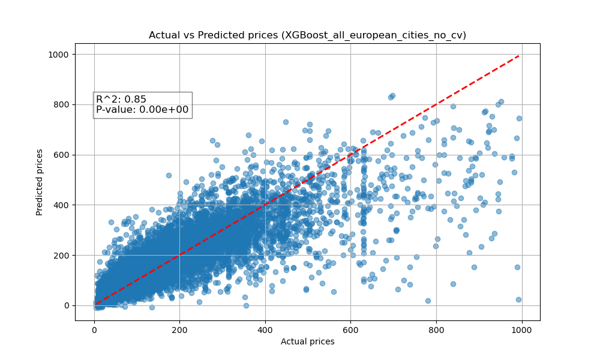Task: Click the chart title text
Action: (x=307, y=35)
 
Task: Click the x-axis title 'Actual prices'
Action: (x=307, y=341)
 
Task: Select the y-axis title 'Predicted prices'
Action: (x=40, y=182)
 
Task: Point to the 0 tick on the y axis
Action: (x=67, y=305)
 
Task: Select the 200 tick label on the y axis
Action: (x=62, y=255)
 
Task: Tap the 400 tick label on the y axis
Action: (x=62, y=205)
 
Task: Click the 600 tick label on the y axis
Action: (x=62, y=155)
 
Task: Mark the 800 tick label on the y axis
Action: (x=62, y=104)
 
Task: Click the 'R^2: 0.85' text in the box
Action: (x=121, y=100)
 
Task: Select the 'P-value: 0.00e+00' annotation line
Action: (x=142, y=110)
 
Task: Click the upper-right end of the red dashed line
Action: (x=519, y=56)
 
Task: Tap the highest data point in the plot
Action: (x=392, y=95)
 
